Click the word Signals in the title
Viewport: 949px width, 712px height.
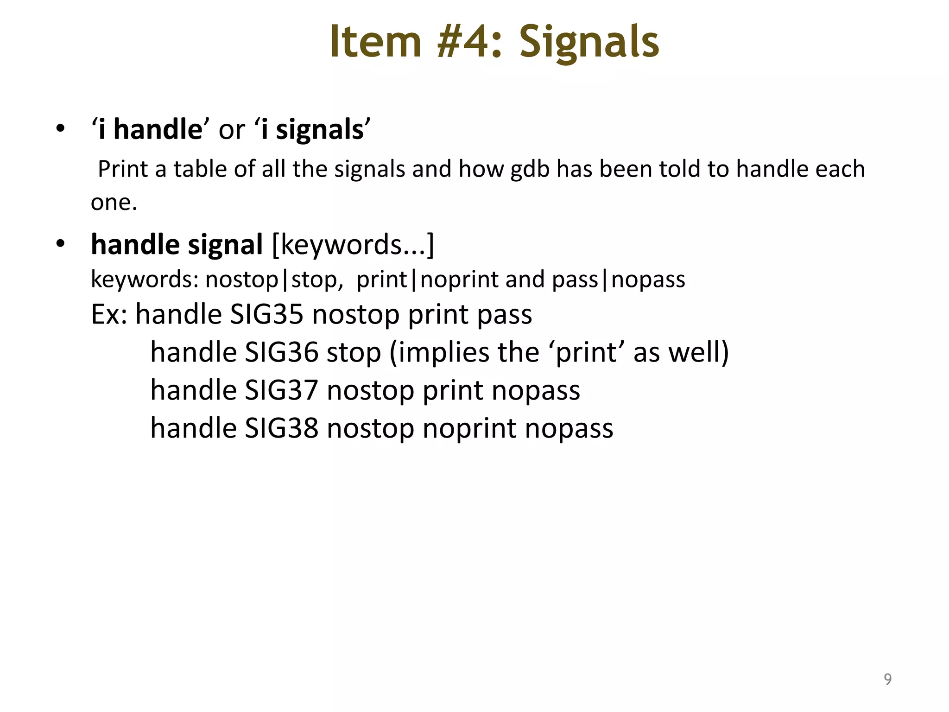[x=589, y=42]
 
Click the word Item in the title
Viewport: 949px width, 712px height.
[x=375, y=42]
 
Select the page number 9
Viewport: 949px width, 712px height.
[x=887, y=679]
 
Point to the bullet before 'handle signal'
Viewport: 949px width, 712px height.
[x=60, y=244]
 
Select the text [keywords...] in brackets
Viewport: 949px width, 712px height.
[x=353, y=245]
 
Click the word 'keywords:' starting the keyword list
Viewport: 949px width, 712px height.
[x=145, y=280]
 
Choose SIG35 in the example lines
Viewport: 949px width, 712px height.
[x=266, y=315]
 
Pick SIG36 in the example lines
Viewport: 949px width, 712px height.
[x=281, y=352]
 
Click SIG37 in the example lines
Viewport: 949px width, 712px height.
[x=281, y=390]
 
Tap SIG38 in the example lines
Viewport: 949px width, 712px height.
[x=281, y=428]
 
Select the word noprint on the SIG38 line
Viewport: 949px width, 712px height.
[x=469, y=428]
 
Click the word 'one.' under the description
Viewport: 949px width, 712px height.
[x=114, y=203]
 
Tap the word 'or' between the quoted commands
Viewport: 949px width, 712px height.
[x=232, y=129]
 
